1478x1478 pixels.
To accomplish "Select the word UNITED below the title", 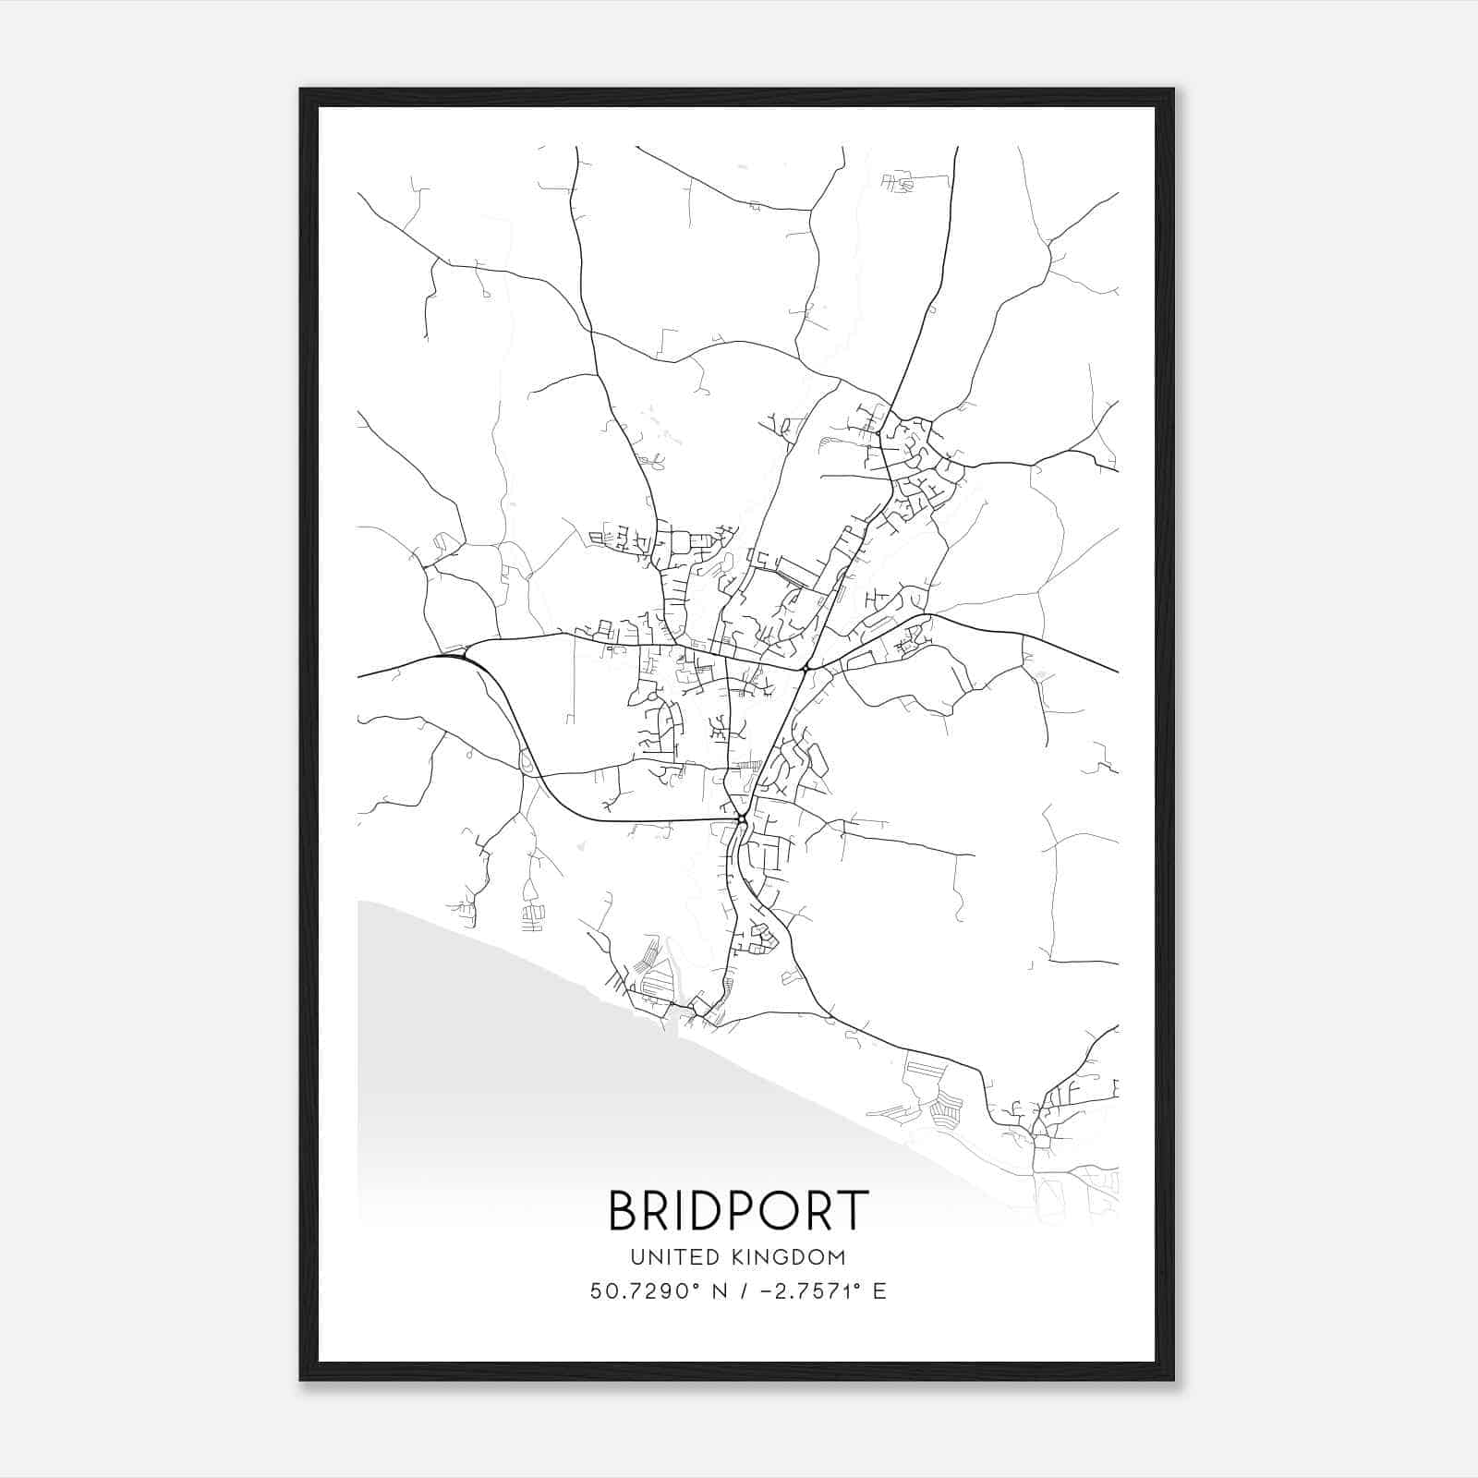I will pyautogui.click(x=663, y=1257).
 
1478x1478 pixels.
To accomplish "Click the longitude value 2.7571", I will pyautogui.click(x=819, y=1291).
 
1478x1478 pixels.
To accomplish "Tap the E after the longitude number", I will pyautogui.click(x=879, y=1291).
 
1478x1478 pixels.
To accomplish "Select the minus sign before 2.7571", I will pyautogui.click(x=766, y=1291).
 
